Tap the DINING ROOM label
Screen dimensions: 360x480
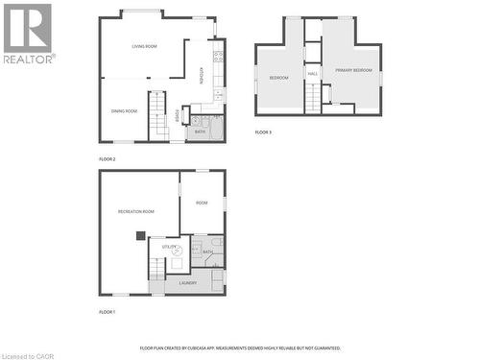124,110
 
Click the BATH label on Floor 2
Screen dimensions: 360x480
200,132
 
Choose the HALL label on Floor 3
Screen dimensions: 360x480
313,73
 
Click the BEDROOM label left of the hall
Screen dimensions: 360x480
278,77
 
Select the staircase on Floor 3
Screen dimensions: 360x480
312,97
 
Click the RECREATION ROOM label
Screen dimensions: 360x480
135,211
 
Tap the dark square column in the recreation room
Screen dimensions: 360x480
141,234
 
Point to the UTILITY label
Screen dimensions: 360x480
168,247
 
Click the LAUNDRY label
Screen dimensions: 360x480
187,282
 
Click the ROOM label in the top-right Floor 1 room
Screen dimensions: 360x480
202,203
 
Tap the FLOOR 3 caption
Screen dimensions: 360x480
263,132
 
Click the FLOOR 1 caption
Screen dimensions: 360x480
107,312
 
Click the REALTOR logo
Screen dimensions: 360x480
28,34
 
